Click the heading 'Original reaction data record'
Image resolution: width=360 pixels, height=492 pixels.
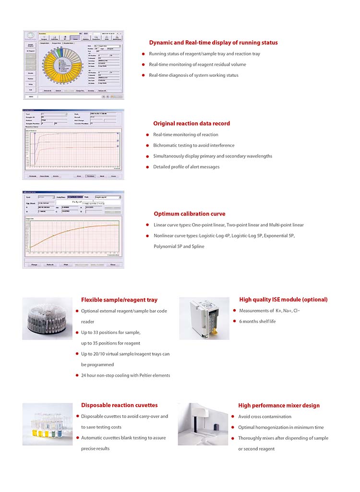(x=192, y=123)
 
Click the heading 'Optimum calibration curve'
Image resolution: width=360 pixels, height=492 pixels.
(x=189, y=214)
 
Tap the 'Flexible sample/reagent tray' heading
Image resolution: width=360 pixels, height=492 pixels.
(x=119, y=300)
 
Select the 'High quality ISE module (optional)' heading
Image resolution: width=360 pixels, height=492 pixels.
(x=283, y=300)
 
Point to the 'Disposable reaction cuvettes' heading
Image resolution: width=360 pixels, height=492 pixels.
(x=119, y=405)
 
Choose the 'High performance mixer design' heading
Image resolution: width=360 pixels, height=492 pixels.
(x=278, y=405)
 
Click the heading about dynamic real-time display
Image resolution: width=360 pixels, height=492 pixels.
(x=213, y=43)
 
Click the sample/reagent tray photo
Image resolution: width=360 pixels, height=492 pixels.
(x=47, y=318)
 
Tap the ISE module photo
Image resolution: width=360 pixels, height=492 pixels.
(x=204, y=318)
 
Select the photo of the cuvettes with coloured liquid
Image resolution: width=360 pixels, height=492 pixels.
(x=47, y=424)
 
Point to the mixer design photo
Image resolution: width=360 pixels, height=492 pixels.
(x=203, y=424)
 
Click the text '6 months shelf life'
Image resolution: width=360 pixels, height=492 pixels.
(x=257, y=322)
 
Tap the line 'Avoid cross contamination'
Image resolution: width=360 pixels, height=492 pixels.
(x=264, y=417)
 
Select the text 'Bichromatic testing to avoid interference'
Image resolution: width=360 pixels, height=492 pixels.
(x=194, y=145)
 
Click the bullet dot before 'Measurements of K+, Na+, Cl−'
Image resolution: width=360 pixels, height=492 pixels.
(x=234, y=311)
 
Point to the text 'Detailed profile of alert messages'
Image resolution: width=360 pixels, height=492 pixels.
(x=186, y=167)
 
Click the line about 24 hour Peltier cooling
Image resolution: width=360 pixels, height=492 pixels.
(x=125, y=375)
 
